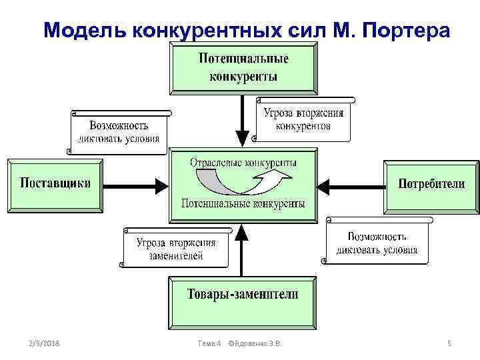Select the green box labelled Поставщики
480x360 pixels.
click(x=55, y=184)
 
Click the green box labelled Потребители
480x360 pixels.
click(x=431, y=184)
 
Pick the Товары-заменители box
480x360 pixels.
click(x=242, y=294)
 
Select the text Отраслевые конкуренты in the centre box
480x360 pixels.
click(x=244, y=163)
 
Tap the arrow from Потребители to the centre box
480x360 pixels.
click(x=350, y=184)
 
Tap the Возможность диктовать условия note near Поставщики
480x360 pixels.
click(x=119, y=131)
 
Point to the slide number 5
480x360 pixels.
click(x=449, y=343)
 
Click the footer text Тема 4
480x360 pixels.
click(x=209, y=343)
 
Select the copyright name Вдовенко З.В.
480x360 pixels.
click(x=258, y=343)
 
